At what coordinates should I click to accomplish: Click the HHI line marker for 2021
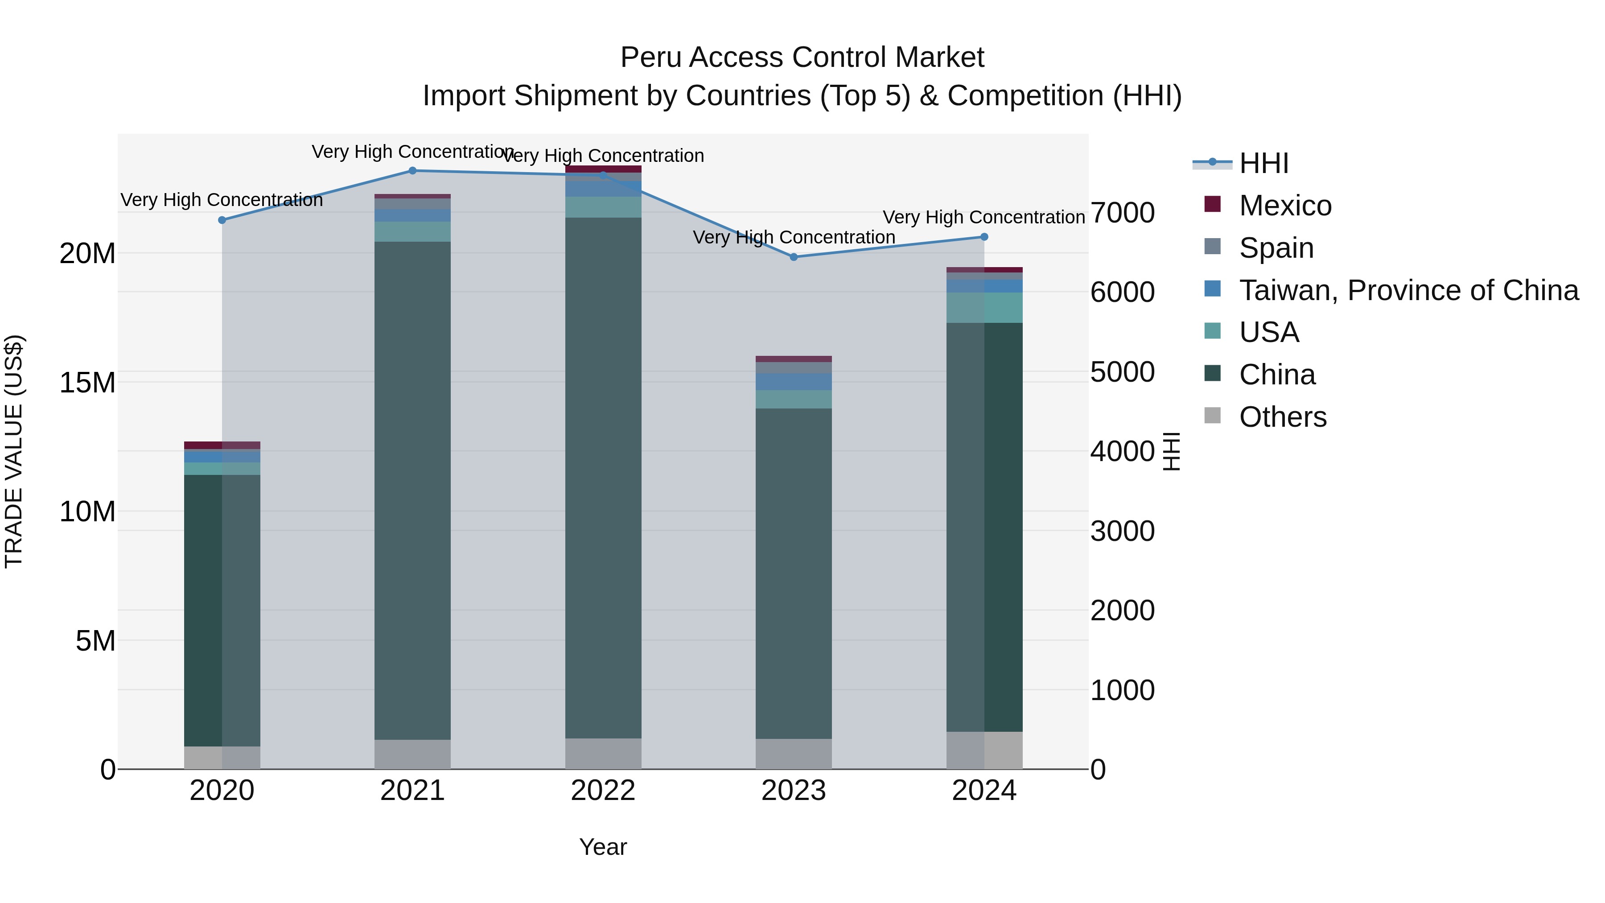(x=412, y=171)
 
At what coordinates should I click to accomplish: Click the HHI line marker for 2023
(x=793, y=257)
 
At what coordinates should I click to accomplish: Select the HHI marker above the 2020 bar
(x=222, y=220)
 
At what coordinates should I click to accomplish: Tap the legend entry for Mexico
(x=1285, y=206)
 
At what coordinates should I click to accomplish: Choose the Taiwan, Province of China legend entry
(x=1408, y=290)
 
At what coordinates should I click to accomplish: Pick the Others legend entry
(x=1282, y=417)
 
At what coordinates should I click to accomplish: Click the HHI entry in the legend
(x=1263, y=163)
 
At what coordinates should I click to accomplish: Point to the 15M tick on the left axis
(x=87, y=383)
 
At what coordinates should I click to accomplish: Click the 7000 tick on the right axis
(x=1122, y=213)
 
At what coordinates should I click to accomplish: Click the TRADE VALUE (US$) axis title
(x=14, y=451)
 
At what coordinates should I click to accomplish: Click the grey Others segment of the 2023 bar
(x=793, y=754)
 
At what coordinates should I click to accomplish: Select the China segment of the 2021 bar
(x=412, y=491)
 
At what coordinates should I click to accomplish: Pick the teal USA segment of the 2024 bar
(x=984, y=307)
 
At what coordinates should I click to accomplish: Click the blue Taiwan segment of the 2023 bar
(x=793, y=381)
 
